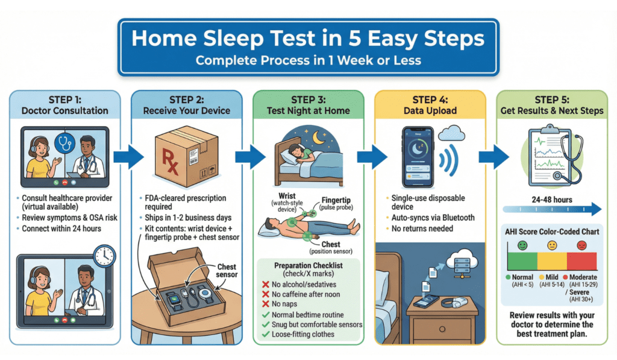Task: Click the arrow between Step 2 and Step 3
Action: tap(249, 157)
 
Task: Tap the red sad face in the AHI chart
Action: tap(581, 245)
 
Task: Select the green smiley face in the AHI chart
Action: tap(521, 245)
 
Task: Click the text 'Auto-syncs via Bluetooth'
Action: tap(432, 217)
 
